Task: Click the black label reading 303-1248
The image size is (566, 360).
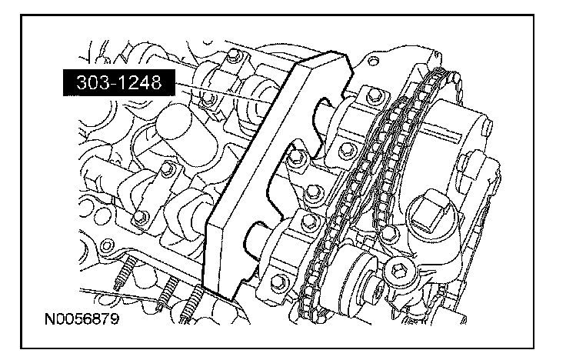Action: coord(118,82)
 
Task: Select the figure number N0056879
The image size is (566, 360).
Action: coord(82,319)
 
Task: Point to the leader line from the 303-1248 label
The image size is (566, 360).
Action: coord(223,94)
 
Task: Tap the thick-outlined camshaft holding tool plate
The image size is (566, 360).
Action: coord(275,173)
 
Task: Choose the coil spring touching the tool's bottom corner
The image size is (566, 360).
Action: coord(191,303)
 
